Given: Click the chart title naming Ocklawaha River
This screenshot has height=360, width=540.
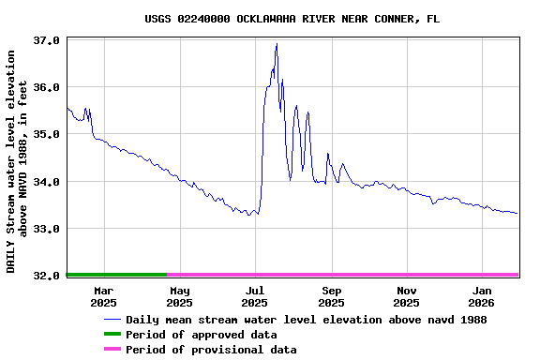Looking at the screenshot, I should click(x=292, y=19).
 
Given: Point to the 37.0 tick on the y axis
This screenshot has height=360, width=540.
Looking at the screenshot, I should click(x=47, y=41).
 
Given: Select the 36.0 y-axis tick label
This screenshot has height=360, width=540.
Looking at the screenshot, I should click(x=47, y=87).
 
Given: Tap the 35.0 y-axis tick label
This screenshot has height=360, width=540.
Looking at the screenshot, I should click(x=47, y=134).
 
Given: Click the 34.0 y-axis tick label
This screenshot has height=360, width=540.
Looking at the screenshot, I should click(x=47, y=182).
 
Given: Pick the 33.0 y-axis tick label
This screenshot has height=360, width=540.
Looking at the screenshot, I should click(x=47, y=229).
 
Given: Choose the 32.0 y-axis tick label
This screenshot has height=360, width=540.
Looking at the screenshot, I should click(x=47, y=276).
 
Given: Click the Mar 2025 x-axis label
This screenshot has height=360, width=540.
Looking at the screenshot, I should click(x=103, y=296).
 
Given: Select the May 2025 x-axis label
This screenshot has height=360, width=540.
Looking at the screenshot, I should click(x=179, y=296).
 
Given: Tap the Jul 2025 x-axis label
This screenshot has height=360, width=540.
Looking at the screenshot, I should click(x=255, y=296).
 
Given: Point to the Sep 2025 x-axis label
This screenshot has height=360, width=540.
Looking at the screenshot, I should click(x=331, y=296).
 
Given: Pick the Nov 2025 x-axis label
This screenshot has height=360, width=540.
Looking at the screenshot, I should click(x=406, y=296).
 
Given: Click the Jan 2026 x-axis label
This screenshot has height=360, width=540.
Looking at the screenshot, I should click(x=482, y=296).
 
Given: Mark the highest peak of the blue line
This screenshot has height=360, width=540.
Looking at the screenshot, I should click(x=277, y=44).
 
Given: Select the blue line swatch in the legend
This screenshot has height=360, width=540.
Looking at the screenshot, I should click(x=112, y=320).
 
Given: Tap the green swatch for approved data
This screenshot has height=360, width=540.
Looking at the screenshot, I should click(x=112, y=335).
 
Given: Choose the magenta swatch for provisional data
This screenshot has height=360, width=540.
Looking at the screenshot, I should click(x=112, y=350).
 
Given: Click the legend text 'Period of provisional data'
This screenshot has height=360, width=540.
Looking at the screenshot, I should click(x=211, y=350).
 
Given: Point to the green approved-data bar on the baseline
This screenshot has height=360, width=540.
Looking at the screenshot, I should click(x=117, y=275).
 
